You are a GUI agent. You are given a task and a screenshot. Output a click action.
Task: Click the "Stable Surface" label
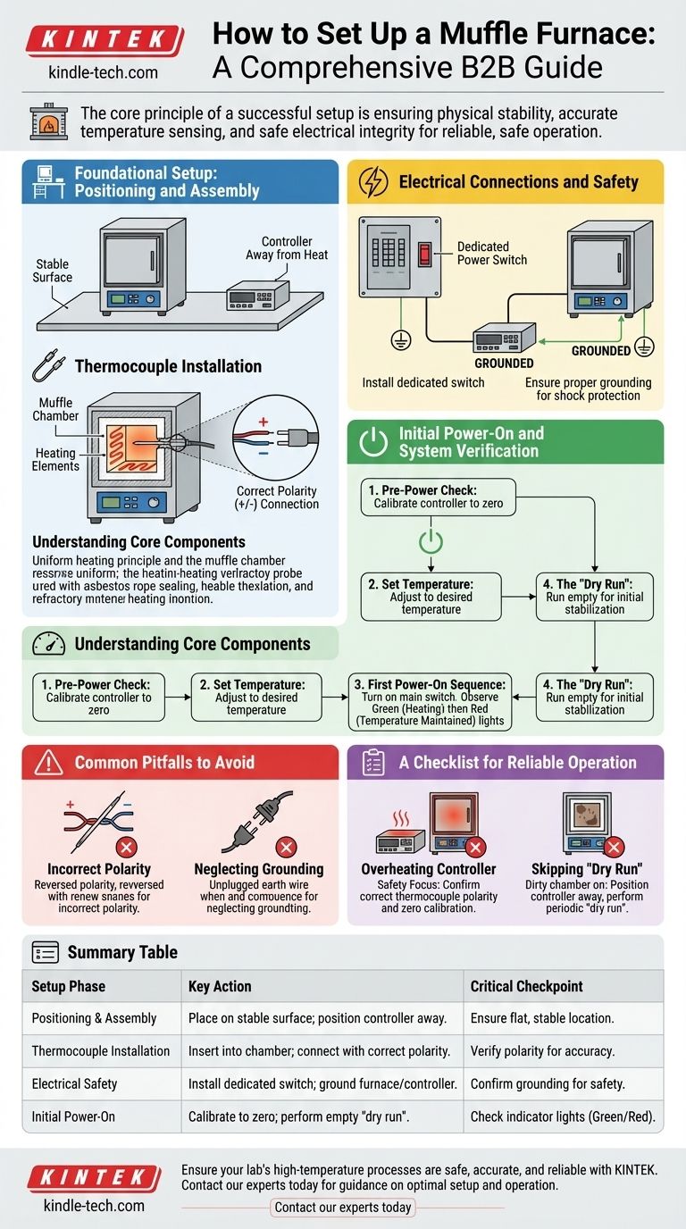[53, 271]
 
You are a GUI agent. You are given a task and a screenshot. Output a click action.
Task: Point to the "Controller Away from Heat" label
[287, 248]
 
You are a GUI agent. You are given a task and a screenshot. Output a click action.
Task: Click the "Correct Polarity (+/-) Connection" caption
[277, 497]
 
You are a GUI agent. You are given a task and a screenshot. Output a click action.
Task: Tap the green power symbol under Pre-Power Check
[431, 540]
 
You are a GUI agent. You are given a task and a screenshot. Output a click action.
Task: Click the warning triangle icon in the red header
[48, 762]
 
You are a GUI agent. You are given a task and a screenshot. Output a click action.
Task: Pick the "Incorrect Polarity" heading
[99, 868]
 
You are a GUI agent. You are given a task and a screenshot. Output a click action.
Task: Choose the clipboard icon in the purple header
[372, 762]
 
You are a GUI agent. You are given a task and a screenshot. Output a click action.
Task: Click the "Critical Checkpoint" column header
[527, 986]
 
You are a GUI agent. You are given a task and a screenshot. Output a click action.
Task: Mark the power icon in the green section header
[372, 442]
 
